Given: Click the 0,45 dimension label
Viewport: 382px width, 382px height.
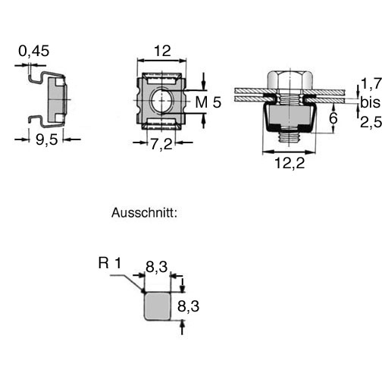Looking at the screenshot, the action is pos(34,52).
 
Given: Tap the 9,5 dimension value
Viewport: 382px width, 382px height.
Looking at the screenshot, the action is pos(47,139).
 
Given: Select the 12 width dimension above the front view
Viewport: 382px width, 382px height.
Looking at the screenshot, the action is pos(162,51).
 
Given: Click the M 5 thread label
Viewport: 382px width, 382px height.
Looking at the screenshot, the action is pos(208,102).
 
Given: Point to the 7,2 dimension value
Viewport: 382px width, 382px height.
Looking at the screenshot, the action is pos(161,144).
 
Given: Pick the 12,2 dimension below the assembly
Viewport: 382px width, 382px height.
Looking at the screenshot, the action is pos(290,163).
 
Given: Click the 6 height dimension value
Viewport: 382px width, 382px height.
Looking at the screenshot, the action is pos(333,118).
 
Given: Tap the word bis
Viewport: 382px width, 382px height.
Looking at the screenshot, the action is pos(370,102).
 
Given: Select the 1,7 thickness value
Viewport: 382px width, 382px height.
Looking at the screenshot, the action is pos(371,83).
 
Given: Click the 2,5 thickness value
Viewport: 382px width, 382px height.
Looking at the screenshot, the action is pos(371,123).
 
